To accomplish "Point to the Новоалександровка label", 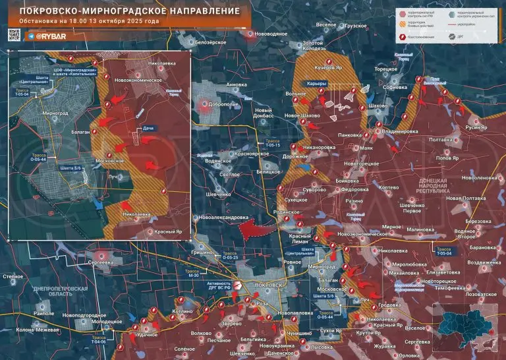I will [224, 218].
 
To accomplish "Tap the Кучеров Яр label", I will [329, 67].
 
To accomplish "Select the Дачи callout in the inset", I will [148, 130].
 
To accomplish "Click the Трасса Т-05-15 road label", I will [273, 144].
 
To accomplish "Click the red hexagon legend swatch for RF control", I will [403, 13].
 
